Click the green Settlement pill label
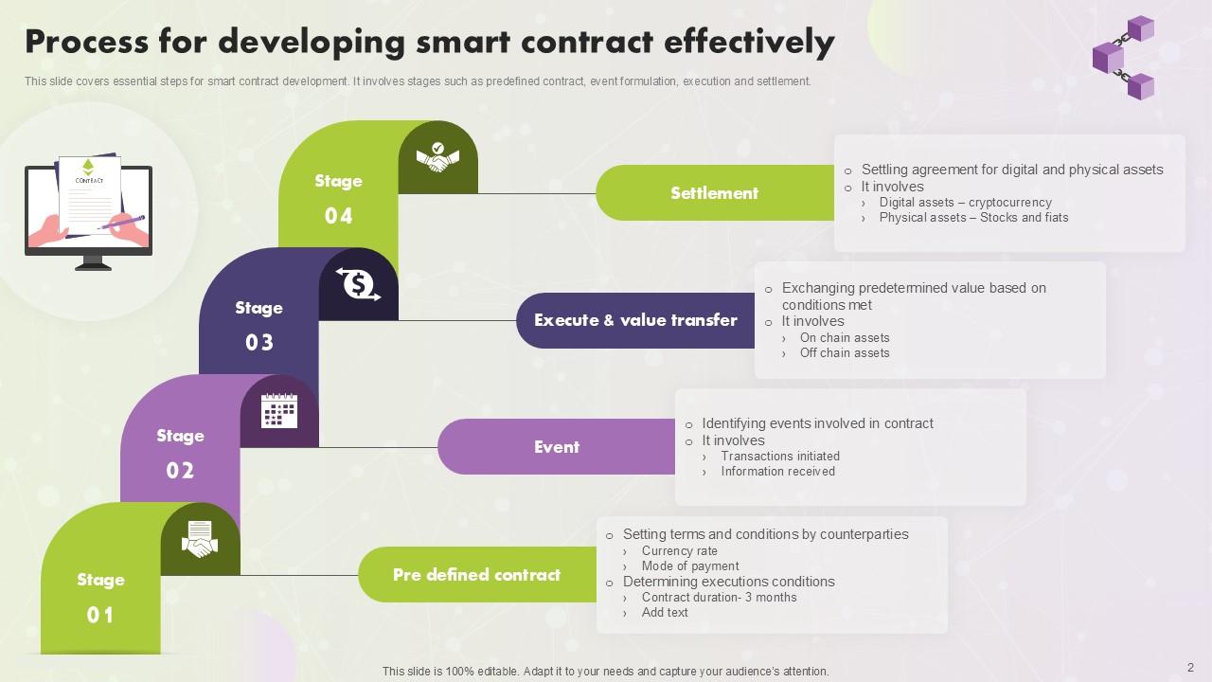click(x=714, y=193)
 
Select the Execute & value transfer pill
click(x=635, y=320)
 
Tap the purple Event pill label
click(x=556, y=447)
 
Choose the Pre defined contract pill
click(x=476, y=575)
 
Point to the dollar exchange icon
click(x=359, y=284)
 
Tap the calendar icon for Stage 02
click(x=279, y=411)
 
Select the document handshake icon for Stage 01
click(x=200, y=539)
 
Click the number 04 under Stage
click(x=339, y=216)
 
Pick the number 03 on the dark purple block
click(x=259, y=343)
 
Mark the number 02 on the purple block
click(x=180, y=471)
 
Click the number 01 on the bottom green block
click(x=100, y=616)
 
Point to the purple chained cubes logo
click(x=1124, y=57)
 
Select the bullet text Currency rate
click(x=679, y=550)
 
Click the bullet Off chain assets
click(x=845, y=352)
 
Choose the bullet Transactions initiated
click(x=780, y=456)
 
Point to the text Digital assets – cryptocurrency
click(x=965, y=202)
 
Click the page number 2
click(x=1190, y=667)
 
